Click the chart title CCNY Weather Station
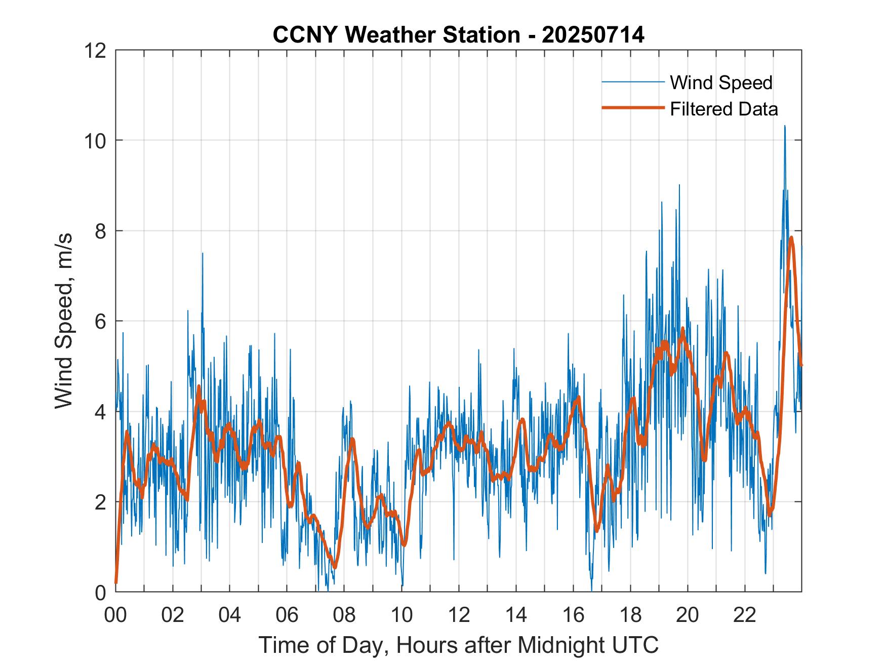coord(396,35)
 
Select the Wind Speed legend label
coord(721,83)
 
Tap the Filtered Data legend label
coord(723,109)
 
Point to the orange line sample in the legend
coord(633,108)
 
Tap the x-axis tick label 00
coord(115,615)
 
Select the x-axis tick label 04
coord(230,615)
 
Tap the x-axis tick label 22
coord(745,615)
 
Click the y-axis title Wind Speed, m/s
coord(64,321)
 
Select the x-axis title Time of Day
coord(459,645)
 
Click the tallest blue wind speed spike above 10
coord(785,127)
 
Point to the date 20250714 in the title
coord(593,35)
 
